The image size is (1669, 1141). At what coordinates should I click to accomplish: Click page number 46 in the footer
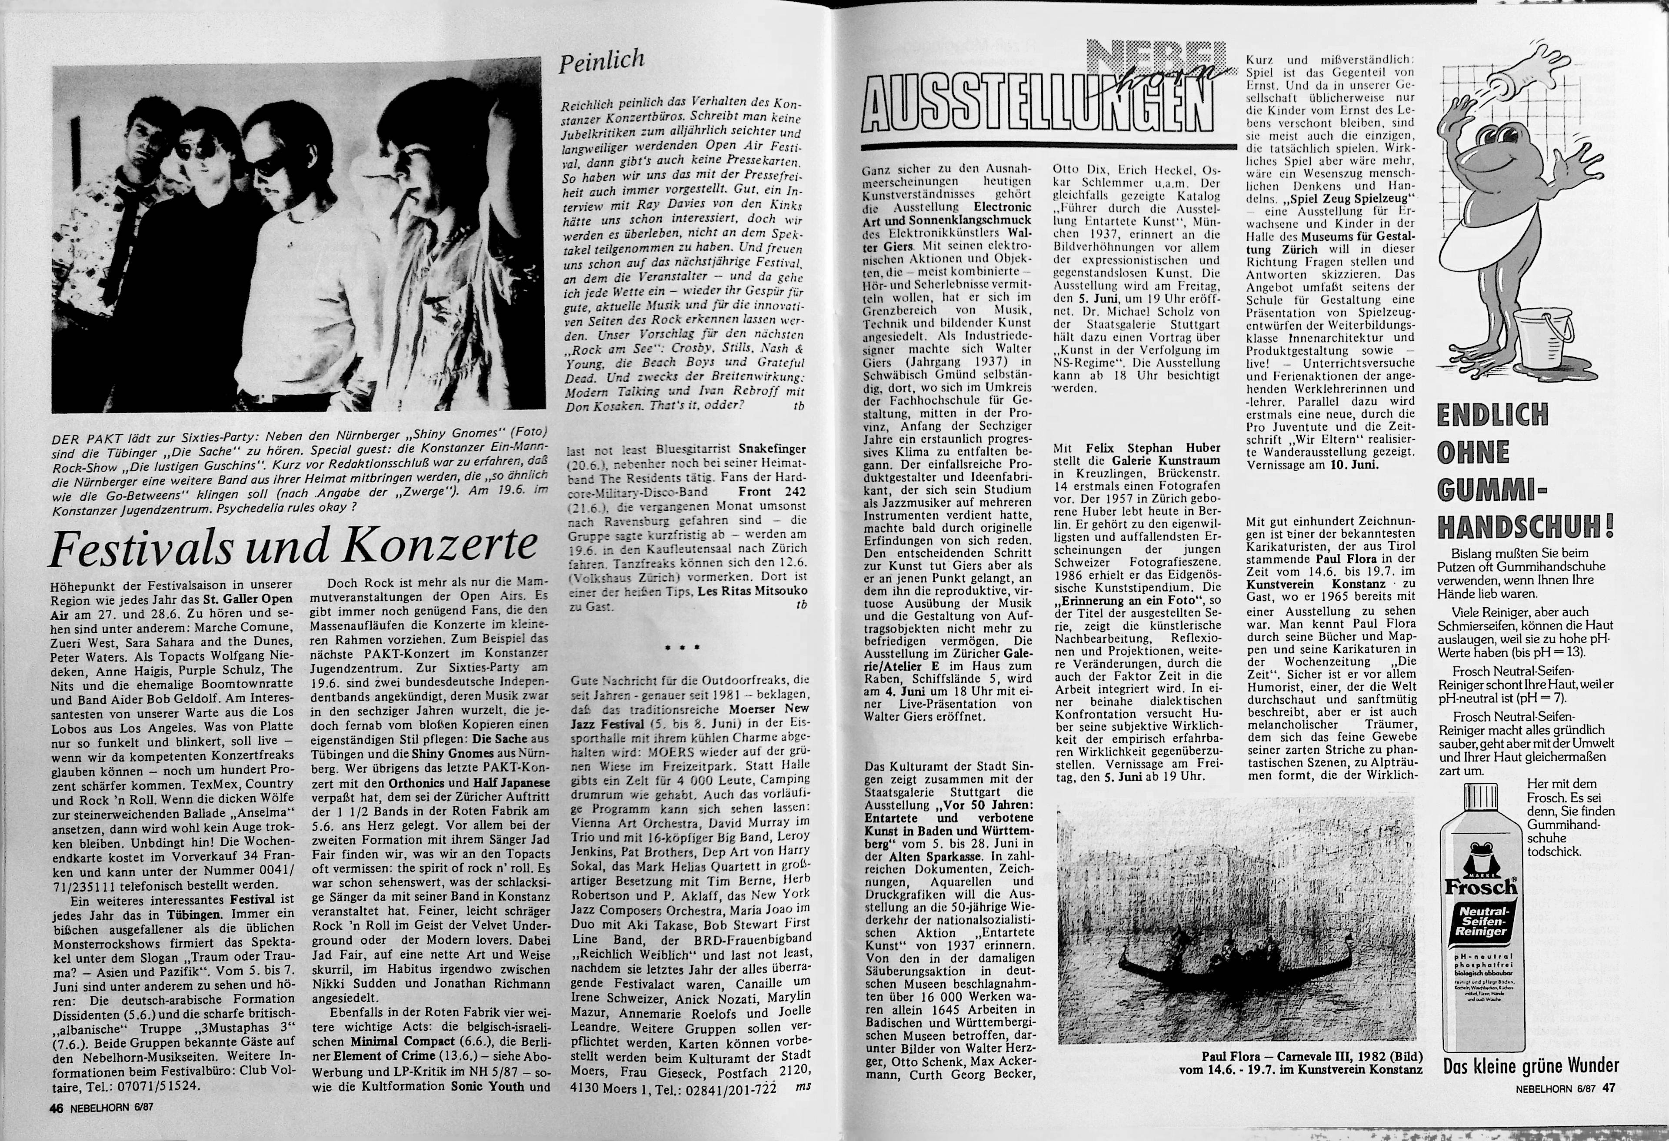[x=56, y=1108]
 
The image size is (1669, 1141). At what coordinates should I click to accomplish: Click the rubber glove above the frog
[x=1537, y=72]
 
